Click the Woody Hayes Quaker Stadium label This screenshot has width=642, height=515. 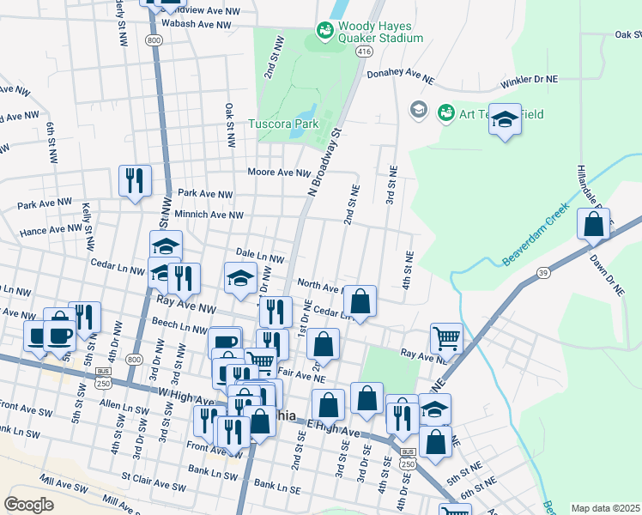tap(383, 32)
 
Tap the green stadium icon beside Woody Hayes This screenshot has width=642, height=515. tap(325, 32)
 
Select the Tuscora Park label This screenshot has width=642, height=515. tap(282, 124)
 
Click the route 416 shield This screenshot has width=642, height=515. tap(364, 52)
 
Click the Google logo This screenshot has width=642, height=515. tap(28, 504)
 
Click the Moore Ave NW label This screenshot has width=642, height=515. tap(279, 173)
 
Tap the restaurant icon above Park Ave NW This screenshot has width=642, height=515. tap(135, 180)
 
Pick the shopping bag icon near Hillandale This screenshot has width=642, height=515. tap(593, 226)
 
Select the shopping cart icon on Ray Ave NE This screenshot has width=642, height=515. tap(446, 338)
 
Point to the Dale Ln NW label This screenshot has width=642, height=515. tap(258, 257)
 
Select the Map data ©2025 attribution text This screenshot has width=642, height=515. tap(605, 508)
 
